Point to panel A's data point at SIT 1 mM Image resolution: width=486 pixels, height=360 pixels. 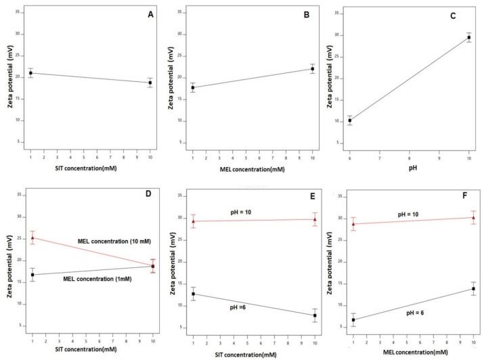[30, 73]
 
